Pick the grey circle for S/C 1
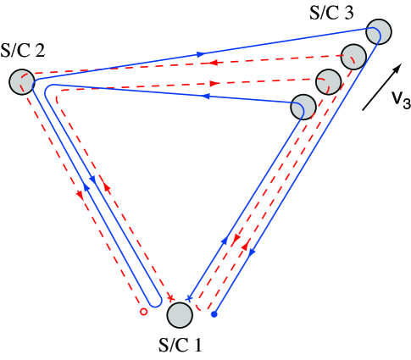click(x=180, y=315)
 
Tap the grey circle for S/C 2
click(x=22, y=82)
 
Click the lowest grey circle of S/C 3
click(x=303, y=107)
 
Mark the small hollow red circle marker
click(x=143, y=312)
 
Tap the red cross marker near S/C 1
click(x=171, y=297)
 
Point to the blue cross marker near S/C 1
click(x=189, y=298)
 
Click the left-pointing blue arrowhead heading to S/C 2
click(x=207, y=97)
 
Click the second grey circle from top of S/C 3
click(x=354, y=57)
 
